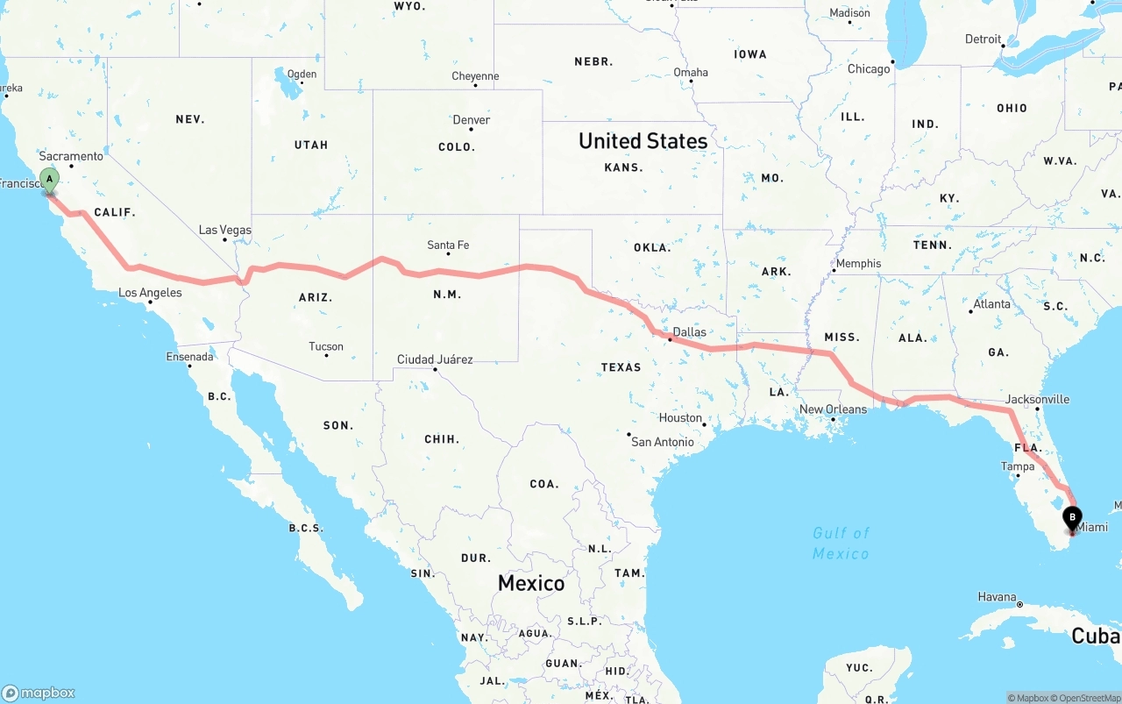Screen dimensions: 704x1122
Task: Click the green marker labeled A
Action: (x=50, y=180)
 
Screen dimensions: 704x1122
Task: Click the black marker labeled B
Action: (x=1072, y=518)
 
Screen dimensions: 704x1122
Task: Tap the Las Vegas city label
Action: (x=224, y=231)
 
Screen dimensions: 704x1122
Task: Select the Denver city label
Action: (x=472, y=120)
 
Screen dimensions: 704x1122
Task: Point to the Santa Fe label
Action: (x=448, y=245)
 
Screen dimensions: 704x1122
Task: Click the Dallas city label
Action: (x=689, y=332)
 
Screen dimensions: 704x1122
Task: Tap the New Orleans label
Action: (x=833, y=409)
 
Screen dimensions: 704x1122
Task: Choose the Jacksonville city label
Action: (x=1037, y=399)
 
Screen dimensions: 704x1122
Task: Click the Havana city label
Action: (x=997, y=597)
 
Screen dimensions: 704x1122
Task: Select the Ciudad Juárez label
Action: (x=435, y=359)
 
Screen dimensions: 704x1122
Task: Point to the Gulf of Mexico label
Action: (x=841, y=543)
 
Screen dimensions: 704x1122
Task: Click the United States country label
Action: (x=643, y=141)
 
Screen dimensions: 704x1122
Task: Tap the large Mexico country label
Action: (x=531, y=583)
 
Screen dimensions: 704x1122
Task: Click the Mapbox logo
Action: (x=39, y=693)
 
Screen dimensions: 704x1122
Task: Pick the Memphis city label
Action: (x=858, y=263)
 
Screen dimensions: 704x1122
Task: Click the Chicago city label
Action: (x=869, y=68)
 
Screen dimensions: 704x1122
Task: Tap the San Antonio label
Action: (x=663, y=442)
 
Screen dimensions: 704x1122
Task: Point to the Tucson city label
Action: (x=326, y=346)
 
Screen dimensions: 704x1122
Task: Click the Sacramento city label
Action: (x=71, y=156)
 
